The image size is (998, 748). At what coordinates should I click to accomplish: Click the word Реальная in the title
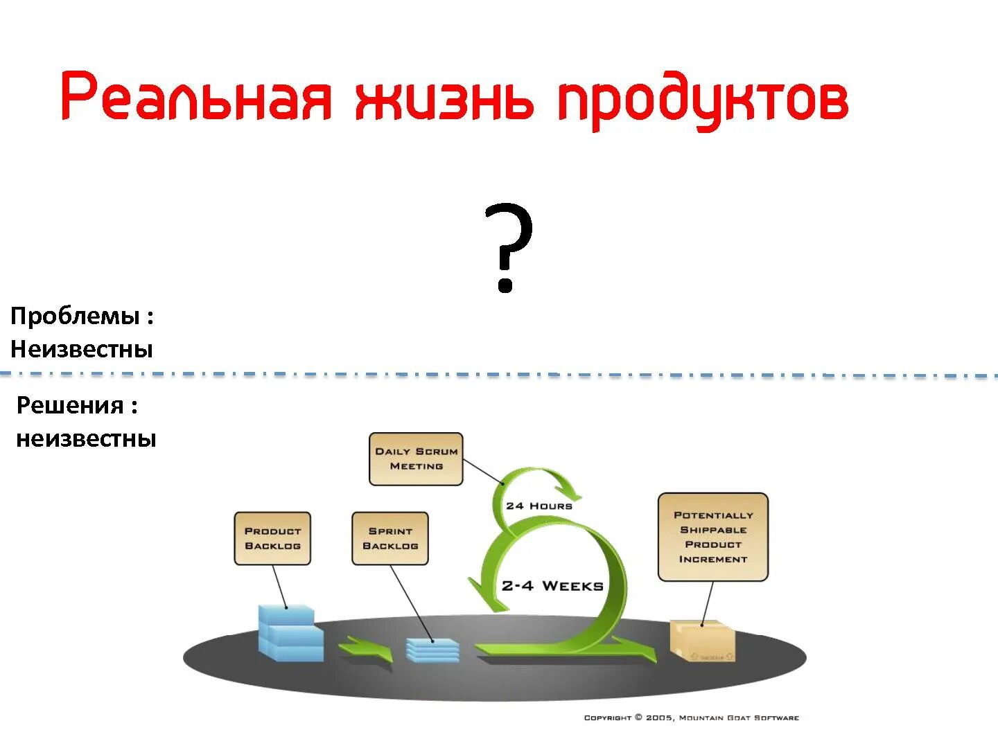coord(196,97)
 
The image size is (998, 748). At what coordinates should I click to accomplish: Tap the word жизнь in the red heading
coord(444,98)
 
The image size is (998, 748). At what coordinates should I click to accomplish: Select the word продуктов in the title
coord(703,100)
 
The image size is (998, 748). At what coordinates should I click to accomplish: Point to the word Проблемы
coord(75,316)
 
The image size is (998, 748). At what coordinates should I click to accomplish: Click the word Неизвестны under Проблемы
coord(81,348)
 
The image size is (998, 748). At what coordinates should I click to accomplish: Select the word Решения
coord(70,405)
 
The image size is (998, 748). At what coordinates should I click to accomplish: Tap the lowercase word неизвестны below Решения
coord(86,438)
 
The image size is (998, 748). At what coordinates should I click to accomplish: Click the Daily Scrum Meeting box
coord(416,458)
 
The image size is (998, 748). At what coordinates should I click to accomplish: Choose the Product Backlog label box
coord(272,538)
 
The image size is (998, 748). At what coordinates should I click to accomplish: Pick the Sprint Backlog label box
coord(390,538)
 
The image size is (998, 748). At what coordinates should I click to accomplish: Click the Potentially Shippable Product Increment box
coord(713,537)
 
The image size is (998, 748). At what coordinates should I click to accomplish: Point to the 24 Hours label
coord(539,506)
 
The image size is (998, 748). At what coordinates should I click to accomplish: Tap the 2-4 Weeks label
coord(552,586)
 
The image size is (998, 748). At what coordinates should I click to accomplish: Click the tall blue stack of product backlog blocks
coord(290,633)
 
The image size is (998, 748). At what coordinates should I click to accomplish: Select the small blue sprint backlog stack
coord(432,650)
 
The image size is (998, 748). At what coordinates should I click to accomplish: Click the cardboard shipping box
coord(702,641)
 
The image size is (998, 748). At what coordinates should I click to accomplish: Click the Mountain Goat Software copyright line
coord(691,718)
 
